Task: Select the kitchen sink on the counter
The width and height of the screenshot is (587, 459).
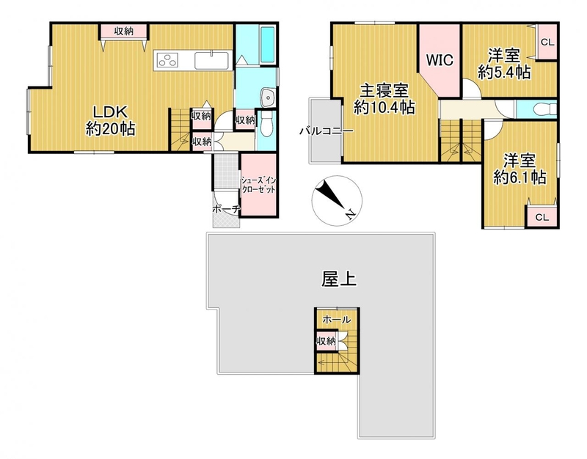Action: click(x=211, y=61)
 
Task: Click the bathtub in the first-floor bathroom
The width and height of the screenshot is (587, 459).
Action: click(x=267, y=45)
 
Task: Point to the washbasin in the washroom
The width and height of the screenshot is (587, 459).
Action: click(x=269, y=98)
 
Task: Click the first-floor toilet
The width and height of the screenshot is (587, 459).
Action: click(x=267, y=124)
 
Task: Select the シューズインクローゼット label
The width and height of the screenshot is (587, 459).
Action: click(x=258, y=185)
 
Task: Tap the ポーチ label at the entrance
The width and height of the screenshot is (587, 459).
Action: click(x=226, y=209)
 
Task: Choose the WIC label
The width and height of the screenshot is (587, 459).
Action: click(x=440, y=60)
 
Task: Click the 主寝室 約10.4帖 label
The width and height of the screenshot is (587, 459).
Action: click(x=384, y=99)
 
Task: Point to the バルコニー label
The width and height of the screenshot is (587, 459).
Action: click(x=327, y=131)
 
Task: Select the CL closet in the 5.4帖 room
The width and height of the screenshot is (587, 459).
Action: click(x=547, y=42)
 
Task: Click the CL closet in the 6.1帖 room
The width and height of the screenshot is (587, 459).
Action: click(x=542, y=217)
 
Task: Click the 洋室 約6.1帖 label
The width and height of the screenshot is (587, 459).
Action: click(x=519, y=169)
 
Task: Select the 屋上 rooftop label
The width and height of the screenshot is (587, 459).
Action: click(x=339, y=279)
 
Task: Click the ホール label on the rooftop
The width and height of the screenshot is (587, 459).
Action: click(x=337, y=320)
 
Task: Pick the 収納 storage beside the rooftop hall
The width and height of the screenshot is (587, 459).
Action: click(x=327, y=341)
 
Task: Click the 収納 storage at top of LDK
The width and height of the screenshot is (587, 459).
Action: click(x=124, y=31)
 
